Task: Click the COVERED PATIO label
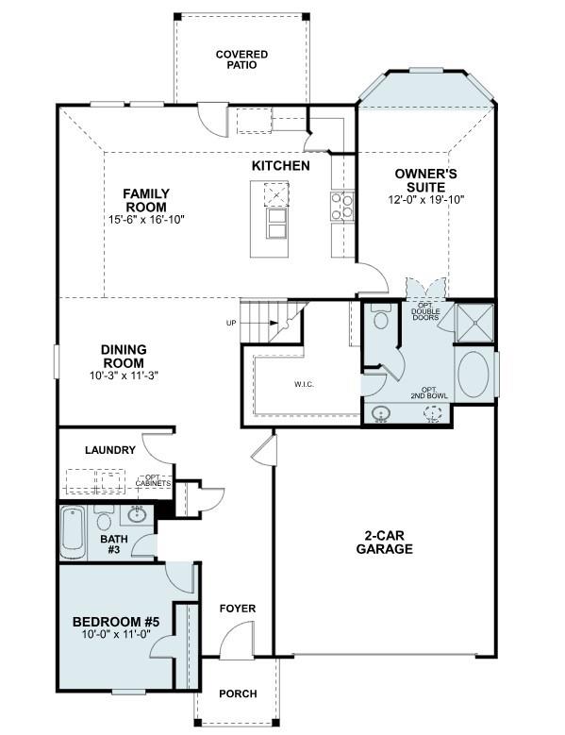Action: pyautogui.click(x=241, y=60)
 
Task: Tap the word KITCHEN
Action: pyautogui.click(x=280, y=166)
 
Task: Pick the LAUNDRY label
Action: pyautogui.click(x=110, y=451)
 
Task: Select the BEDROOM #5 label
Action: pyautogui.click(x=117, y=623)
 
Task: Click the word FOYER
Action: pyautogui.click(x=237, y=609)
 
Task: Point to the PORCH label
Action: pyautogui.click(x=238, y=693)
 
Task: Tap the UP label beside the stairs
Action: pyautogui.click(x=231, y=324)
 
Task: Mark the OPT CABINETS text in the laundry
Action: pyautogui.click(x=152, y=481)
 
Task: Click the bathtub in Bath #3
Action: pyautogui.click(x=74, y=534)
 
